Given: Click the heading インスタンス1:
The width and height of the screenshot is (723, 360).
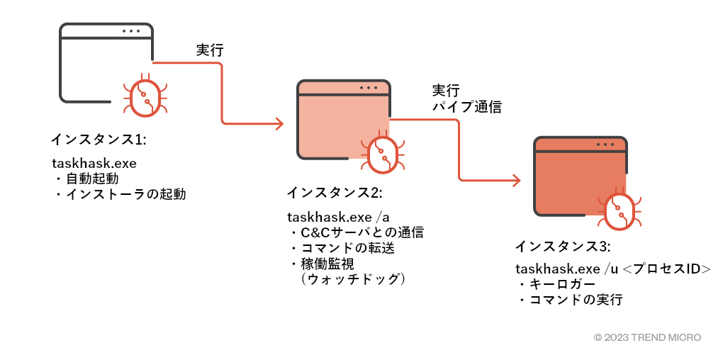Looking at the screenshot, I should [x=99, y=139].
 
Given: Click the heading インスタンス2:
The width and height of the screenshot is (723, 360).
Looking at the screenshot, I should [x=334, y=193].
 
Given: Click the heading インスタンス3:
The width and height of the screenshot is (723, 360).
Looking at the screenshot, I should [x=562, y=247].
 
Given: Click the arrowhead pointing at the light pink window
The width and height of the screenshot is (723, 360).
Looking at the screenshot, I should [x=279, y=124].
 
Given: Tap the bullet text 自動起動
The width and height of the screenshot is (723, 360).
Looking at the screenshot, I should [x=92, y=178].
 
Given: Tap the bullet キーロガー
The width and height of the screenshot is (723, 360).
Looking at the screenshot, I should [x=557, y=284].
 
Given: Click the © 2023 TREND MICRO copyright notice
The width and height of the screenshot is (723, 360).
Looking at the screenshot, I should [x=647, y=338].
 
